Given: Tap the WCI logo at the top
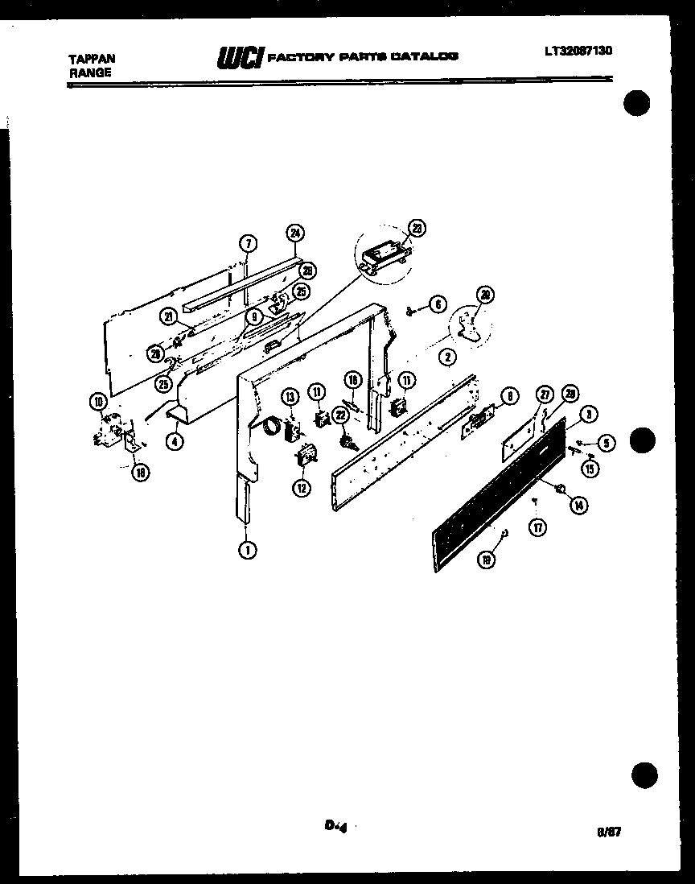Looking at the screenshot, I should pos(238,57).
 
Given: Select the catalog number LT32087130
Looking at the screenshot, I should pos(578,51).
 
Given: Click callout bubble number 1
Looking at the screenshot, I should pos(246,551).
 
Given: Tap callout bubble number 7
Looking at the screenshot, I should pos(248,243).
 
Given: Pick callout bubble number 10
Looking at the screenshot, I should pos(97,402).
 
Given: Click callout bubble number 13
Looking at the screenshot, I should pos(290,395).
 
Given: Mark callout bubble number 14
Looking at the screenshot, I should pos(577,505).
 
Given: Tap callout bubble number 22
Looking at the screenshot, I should pos(339,414).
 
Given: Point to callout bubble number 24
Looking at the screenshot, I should pos(294,233).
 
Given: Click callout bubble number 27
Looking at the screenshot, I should pos(544,394).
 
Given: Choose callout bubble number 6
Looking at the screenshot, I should pos(436,304).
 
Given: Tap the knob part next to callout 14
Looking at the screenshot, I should pos(561,488).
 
